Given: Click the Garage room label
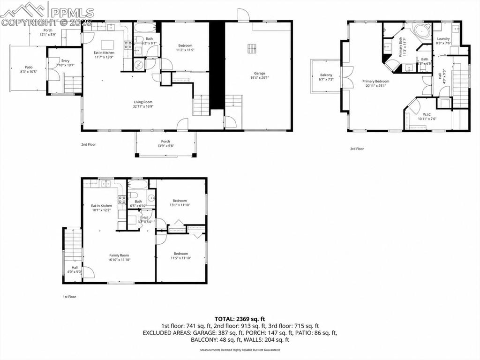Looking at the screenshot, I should coord(260,73).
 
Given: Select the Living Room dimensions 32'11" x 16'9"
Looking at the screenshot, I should coord(143,106).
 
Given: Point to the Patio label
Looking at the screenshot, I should coord(29,67).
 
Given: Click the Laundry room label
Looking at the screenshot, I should coord(443,39).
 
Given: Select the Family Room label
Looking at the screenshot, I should coord(119,255).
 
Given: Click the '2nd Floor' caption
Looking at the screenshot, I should coord(88,144).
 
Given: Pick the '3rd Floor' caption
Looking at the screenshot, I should coord(357,149).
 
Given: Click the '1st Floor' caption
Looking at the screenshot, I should coord(69,296).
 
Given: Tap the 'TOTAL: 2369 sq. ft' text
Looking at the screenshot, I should coord(240,319).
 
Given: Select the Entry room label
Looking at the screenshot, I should coord(65,60).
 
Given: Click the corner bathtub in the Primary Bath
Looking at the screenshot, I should coord(421,33).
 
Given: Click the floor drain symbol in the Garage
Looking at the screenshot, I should coord(253,48).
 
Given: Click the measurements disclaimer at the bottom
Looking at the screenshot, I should coord(240,350).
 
